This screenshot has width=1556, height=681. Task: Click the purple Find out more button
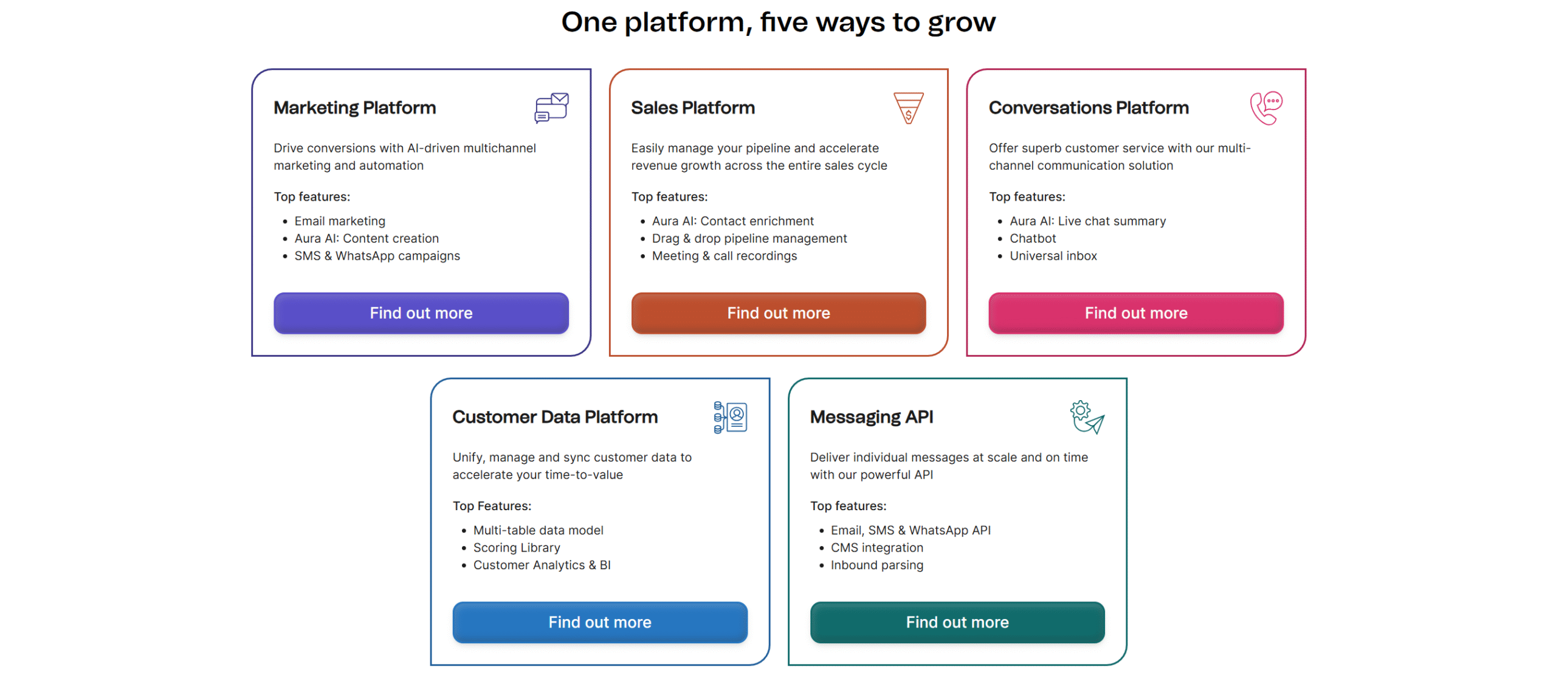coord(421,313)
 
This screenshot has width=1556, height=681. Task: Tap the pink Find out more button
coord(1135,313)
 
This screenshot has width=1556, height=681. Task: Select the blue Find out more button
coord(599,622)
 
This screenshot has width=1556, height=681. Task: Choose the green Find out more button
coord(957,622)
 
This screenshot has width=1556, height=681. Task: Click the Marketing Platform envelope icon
coord(551,108)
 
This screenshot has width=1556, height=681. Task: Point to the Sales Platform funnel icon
coord(908,108)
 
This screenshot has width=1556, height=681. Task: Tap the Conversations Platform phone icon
coord(1266,108)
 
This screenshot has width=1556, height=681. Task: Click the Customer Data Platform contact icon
coord(730,417)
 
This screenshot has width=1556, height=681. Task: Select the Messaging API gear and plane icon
coord(1087,417)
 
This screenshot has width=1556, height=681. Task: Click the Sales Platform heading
coord(692,108)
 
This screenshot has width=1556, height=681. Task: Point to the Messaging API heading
coord(871,417)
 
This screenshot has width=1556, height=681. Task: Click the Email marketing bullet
coord(340,221)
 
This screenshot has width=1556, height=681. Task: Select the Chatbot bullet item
coord(1033,238)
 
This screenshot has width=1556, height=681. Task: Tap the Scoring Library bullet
coord(517,548)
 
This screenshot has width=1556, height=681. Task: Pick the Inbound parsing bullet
coord(876,565)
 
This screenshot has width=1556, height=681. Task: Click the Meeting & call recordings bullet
coord(724,256)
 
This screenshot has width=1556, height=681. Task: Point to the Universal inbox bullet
coord(1053,256)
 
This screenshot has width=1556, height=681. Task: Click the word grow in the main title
coord(962,23)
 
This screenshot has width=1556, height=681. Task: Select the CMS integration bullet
coord(876,548)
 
